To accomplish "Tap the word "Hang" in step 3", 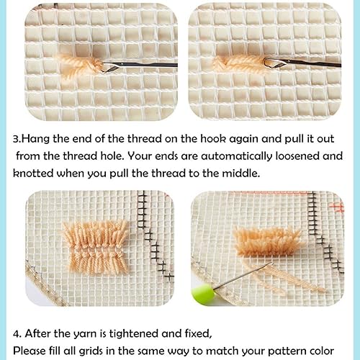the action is tap(36, 139).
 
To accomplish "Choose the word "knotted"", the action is tap(33, 173).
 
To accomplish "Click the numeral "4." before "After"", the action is tap(17, 334).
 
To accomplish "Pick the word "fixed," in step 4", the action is tap(199, 333).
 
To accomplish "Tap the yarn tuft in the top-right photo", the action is tap(239, 64).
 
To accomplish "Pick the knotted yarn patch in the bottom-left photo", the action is tap(96, 247).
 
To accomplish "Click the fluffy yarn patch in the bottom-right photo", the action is tap(267, 241).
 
